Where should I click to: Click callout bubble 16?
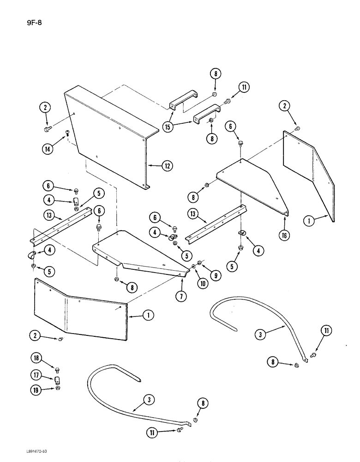click(x=285, y=235)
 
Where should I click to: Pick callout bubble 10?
click(x=202, y=284)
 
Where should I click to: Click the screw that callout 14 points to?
click(x=67, y=134)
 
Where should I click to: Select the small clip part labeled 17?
click(x=58, y=381)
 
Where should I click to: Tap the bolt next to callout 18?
click(x=57, y=371)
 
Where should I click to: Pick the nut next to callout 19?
click(x=57, y=389)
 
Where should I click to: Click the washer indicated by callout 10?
click(x=193, y=267)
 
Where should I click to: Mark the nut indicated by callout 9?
click(x=199, y=263)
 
